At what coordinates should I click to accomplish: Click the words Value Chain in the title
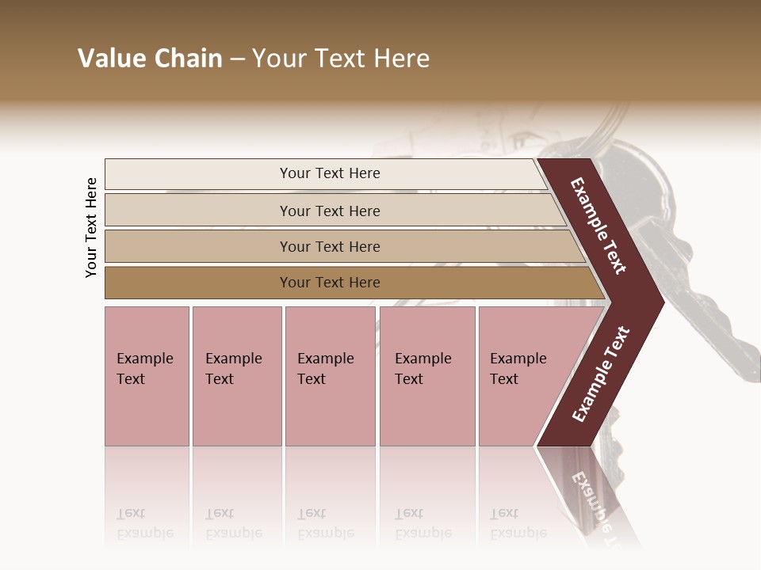coord(150,59)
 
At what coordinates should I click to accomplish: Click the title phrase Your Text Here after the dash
coord(341,59)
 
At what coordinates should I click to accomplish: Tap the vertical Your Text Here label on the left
coord(91,227)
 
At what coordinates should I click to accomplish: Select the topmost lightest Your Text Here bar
coord(329,173)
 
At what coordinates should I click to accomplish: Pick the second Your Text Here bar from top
coord(329,211)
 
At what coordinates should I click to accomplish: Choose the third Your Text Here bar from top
coord(329,246)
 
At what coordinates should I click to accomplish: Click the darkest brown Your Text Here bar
coord(329,283)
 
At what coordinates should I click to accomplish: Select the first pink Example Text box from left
coord(147,375)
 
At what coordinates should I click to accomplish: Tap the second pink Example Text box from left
coord(236,375)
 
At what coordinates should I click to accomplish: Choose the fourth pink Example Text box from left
coord(426,375)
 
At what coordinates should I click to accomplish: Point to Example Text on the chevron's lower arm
coord(601,374)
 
